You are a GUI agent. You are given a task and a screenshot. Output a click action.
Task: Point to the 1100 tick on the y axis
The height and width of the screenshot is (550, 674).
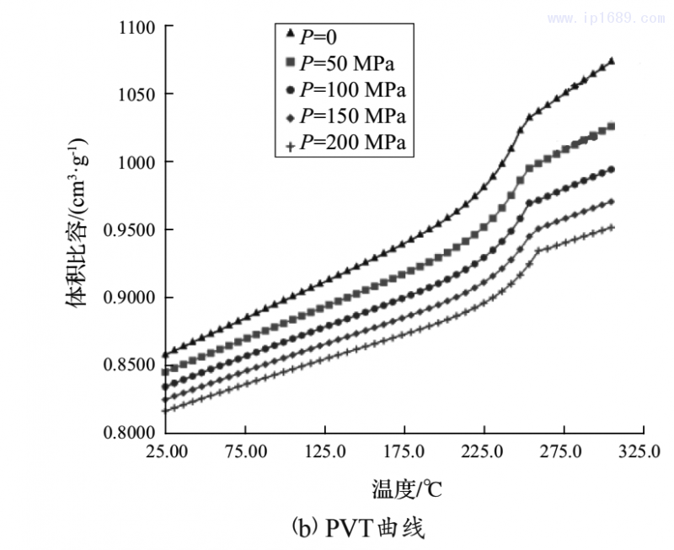[x=134, y=27]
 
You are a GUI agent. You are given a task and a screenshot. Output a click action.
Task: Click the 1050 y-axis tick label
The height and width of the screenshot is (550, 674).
[x=134, y=94]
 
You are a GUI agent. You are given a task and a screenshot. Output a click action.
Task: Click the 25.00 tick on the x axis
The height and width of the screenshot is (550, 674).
[x=166, y=451]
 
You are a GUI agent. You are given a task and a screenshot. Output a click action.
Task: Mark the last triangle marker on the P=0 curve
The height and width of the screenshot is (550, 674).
[x=612, y=61]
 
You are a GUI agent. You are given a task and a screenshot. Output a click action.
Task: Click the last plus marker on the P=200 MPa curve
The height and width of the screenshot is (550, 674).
[x=612, y=227]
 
